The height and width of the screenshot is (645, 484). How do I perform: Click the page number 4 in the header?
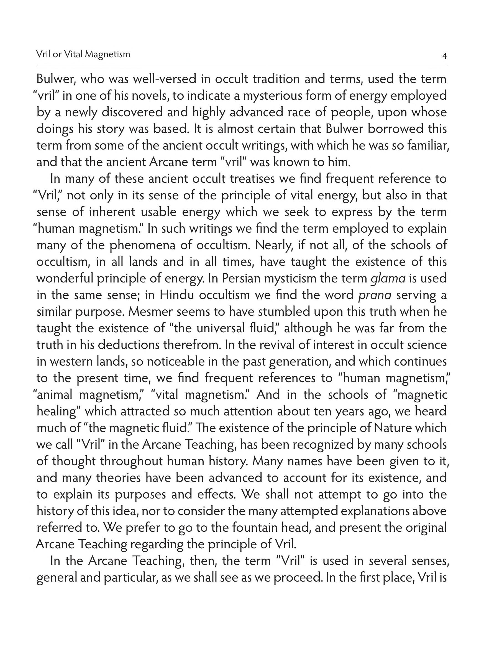(444, 56)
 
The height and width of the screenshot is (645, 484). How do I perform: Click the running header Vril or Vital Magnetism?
(83, 55)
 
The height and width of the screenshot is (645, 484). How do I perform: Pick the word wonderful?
(65, 279)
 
